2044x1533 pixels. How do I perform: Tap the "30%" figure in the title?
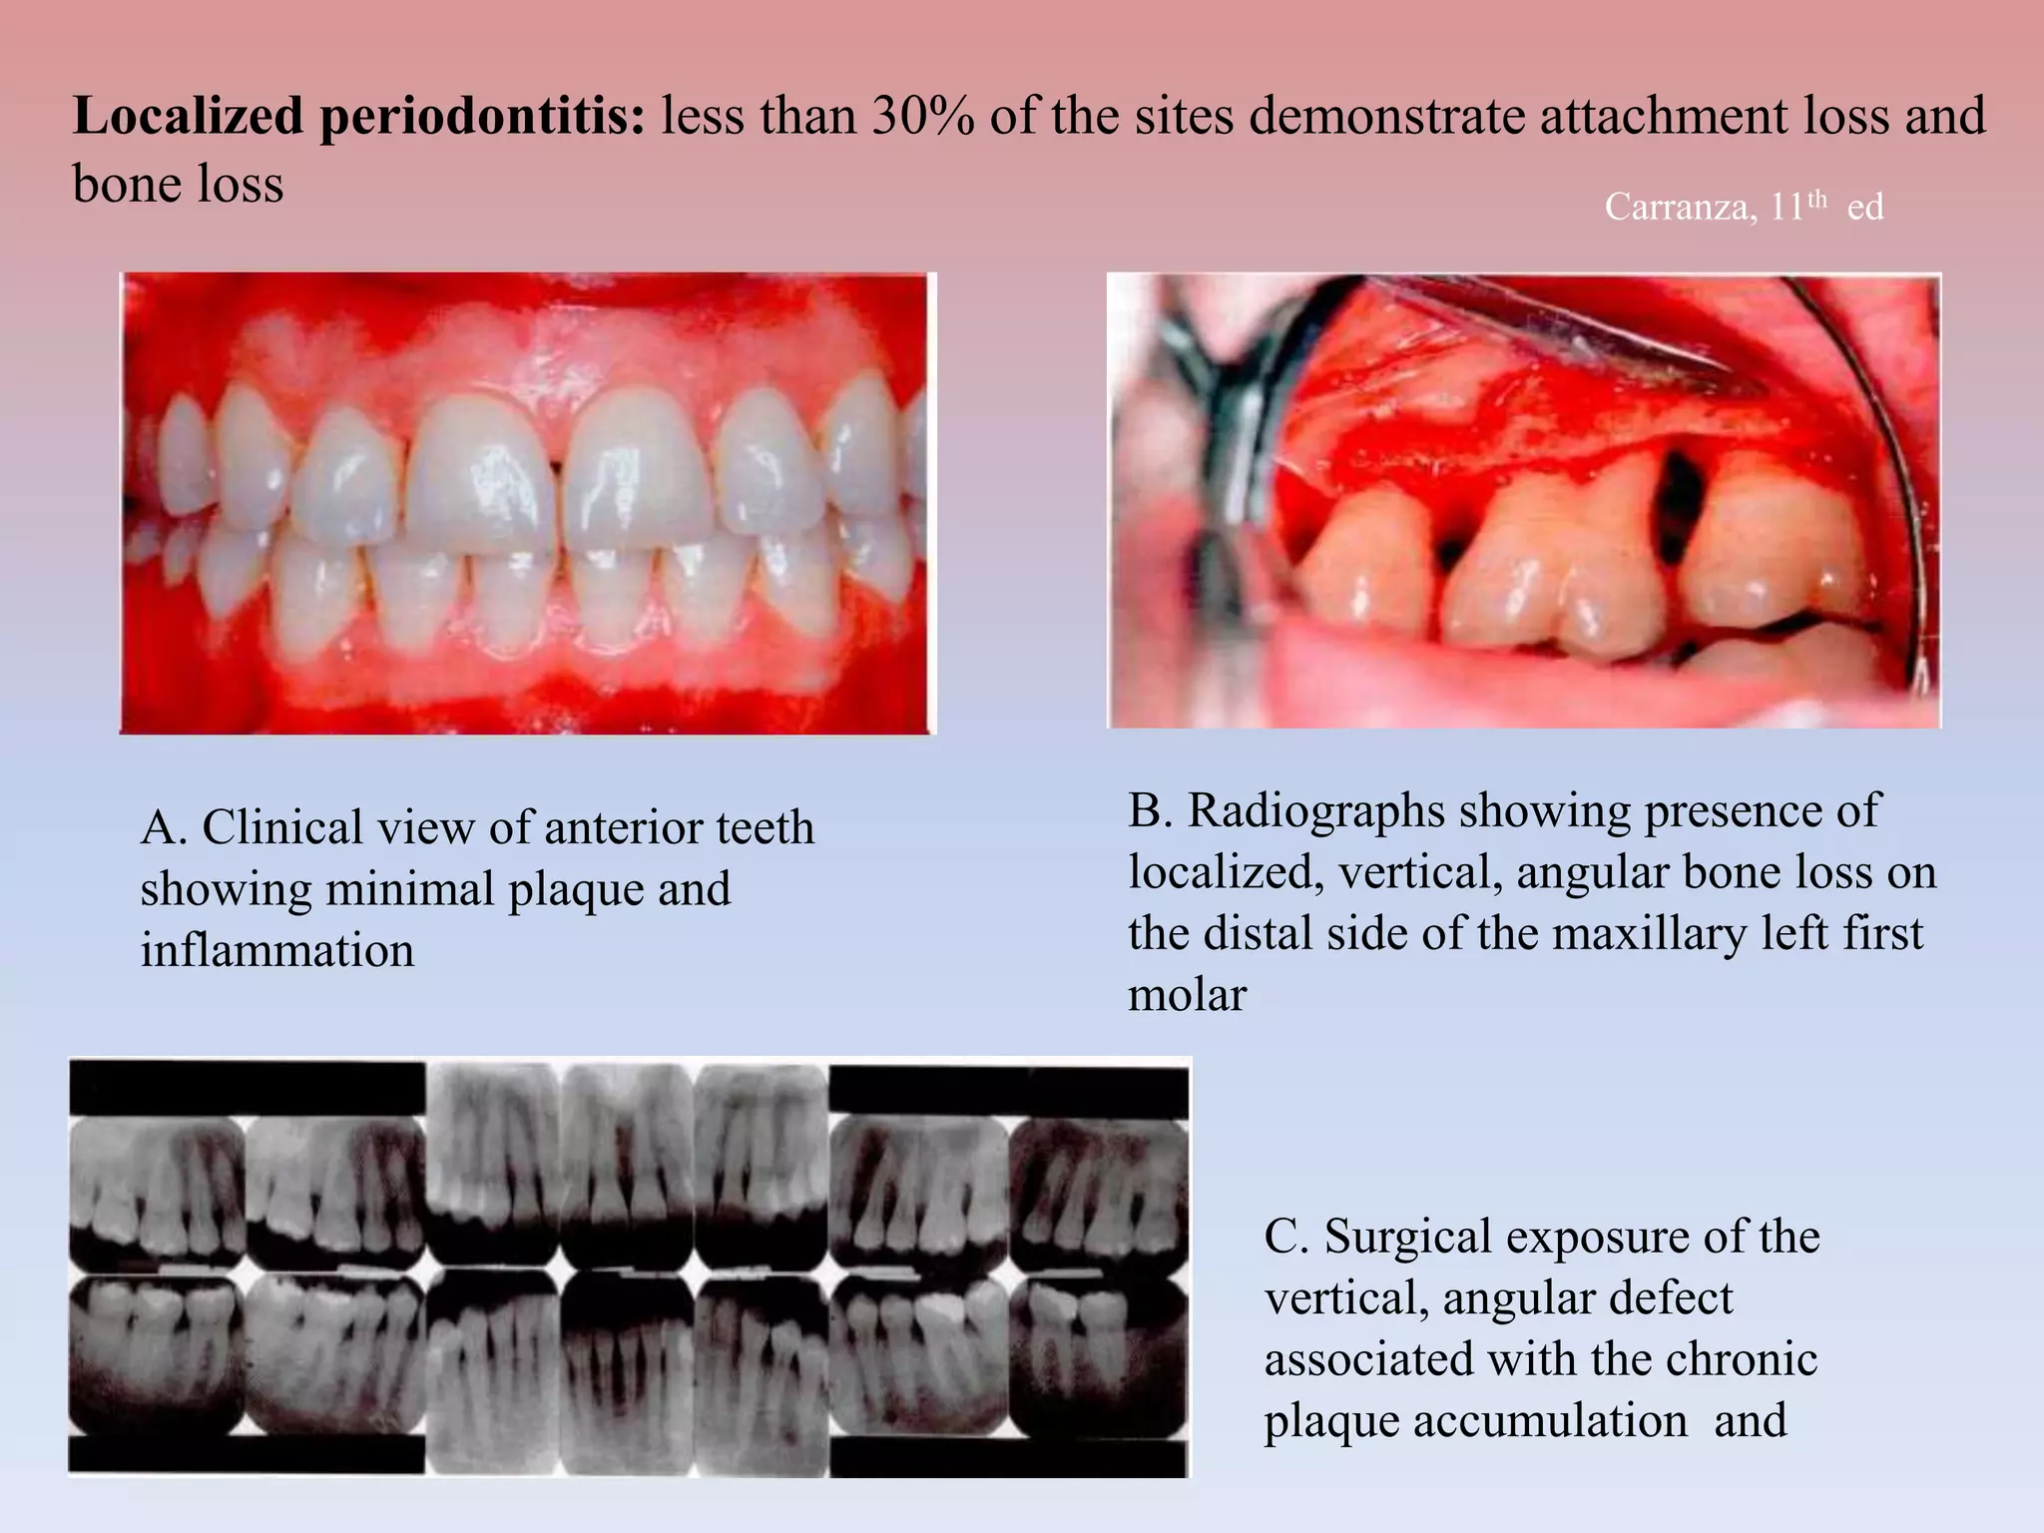pos(922,117)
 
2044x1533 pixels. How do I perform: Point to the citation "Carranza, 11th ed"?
pos(1743,207)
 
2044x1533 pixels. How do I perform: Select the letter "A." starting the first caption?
pos(164,827)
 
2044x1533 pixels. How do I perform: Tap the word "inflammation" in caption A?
pos(276,950)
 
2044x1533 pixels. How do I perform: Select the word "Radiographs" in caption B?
pos(1315,810)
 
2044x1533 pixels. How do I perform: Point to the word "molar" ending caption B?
pos(1187,996)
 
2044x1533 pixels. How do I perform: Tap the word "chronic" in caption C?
pos(1739,1360)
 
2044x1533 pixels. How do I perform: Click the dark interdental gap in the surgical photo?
pos(1682,499)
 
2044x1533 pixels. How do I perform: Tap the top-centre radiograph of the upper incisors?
pos(627,1163)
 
